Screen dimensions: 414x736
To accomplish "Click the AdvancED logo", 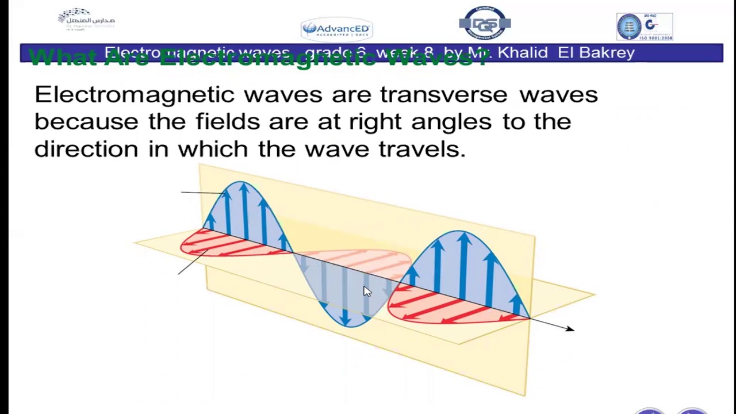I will (337, 29).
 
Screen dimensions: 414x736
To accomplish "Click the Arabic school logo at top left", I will (86, 20).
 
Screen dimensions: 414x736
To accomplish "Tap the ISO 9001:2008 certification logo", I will (644, 26).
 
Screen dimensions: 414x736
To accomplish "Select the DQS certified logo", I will (485, 23).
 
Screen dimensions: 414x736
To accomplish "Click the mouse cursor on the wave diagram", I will (367, 291).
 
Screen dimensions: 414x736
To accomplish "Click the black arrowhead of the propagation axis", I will (569, 328).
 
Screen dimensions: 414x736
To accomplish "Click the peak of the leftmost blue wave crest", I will (241, 183).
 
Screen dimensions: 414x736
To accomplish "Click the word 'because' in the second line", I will (86, 122).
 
